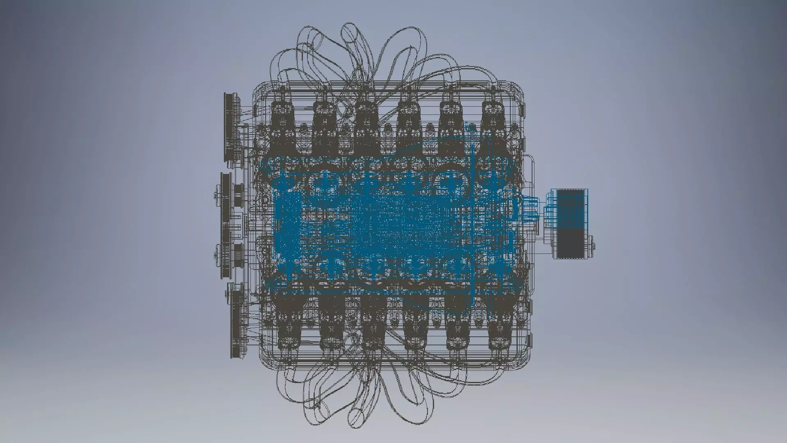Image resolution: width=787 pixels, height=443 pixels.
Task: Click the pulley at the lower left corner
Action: point(237,320)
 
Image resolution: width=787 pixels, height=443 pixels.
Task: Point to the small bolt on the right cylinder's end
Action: point(593,246)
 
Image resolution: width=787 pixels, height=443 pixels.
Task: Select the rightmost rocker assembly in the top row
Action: point(492,123)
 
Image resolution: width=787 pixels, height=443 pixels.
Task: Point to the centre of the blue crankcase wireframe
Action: point(377,226)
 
